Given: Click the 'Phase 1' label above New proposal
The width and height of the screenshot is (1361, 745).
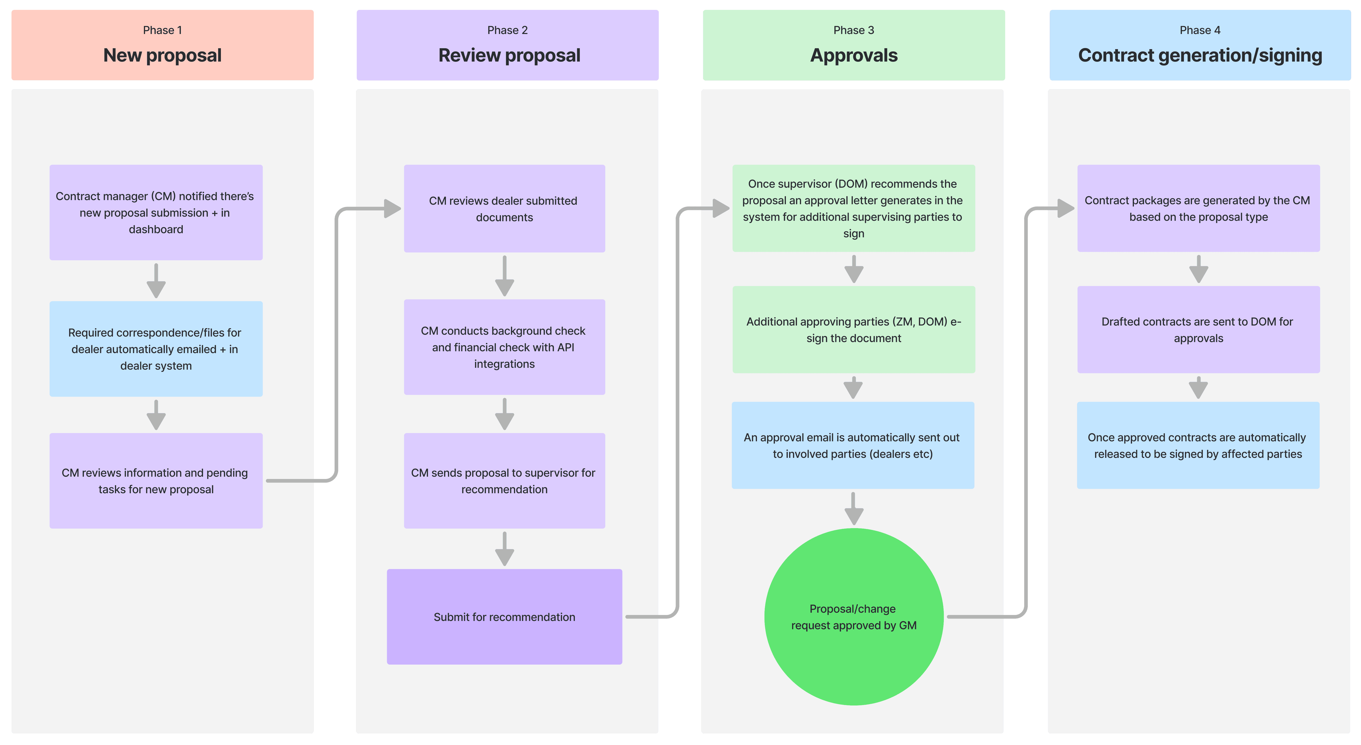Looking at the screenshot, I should [162, 30].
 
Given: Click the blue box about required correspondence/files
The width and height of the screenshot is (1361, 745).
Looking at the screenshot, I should [156, 349].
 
